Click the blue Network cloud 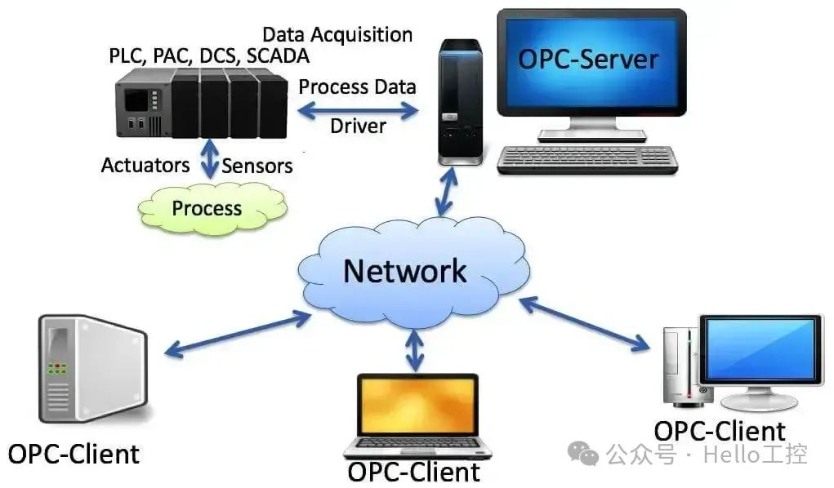[406, 269]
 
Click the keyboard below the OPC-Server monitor [588, 159]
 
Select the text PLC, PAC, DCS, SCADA [208, 55]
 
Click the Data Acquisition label [337, 34]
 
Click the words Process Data [357, 87]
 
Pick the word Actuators [145, 166]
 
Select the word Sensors [257, 166]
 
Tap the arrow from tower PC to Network [445, 193]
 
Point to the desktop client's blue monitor [760, 350]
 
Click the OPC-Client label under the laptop [414, 472]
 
